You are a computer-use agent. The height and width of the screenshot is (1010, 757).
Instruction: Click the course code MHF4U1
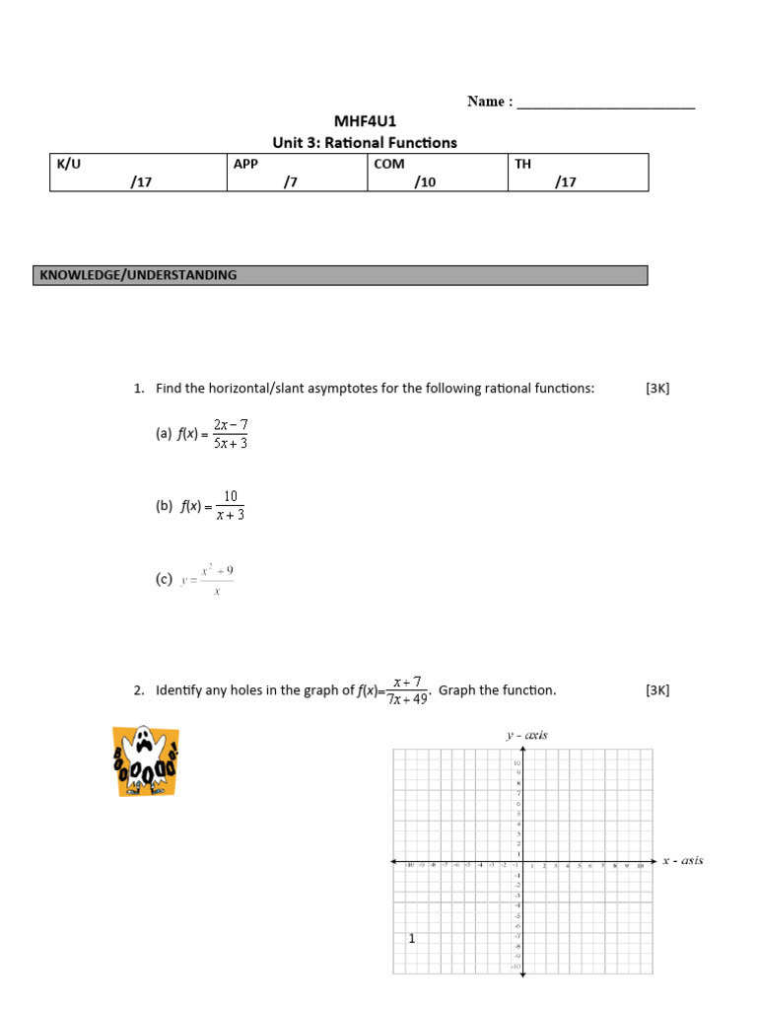(365, 122)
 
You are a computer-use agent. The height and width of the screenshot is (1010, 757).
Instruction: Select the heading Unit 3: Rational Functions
(365, 143)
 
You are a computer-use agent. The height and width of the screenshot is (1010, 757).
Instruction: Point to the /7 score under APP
(290, 181)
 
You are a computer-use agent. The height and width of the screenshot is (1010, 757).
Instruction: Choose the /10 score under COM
(425, 181)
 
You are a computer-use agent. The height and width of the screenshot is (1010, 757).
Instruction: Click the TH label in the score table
(522, 164)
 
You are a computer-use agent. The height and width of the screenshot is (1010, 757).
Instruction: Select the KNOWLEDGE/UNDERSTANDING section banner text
(138, 275)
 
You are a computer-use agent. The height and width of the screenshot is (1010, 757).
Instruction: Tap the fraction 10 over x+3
(230, 505)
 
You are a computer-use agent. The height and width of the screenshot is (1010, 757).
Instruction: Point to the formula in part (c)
(207, 580)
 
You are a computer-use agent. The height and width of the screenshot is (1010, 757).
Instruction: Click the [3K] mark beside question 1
(657, 389)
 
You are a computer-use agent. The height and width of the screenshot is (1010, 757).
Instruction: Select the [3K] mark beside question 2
(657, 690)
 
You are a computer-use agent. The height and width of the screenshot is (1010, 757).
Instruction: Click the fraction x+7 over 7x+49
(407, 691)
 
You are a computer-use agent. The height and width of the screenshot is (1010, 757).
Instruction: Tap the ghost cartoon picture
(145, 760)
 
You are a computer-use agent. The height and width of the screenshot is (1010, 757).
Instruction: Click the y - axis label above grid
(526, 735)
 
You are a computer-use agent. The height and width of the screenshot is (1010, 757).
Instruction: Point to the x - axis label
(682, 861)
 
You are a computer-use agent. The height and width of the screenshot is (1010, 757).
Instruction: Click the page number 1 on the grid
(412, 939)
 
